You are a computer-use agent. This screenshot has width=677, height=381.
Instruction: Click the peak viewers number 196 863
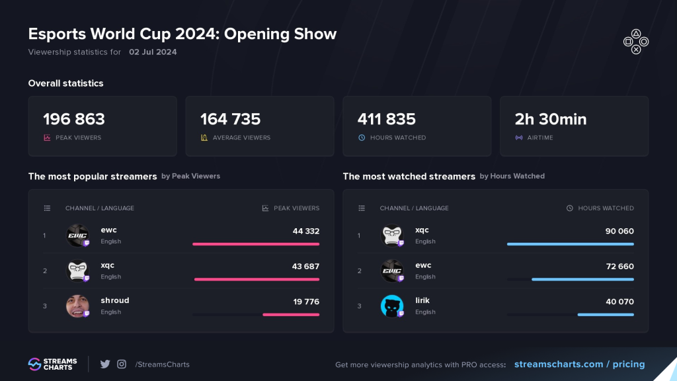(x=74, y=119)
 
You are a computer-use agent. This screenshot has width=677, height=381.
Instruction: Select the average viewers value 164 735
(x=231, y=119)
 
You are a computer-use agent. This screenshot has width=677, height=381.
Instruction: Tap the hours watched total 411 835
(x=387, y=119)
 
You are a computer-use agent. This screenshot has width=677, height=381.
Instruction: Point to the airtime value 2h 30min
(x=551, y=119)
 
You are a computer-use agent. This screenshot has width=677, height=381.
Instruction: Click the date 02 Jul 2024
(x=153, y=52)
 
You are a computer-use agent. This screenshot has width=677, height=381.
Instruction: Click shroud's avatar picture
(x=77, y=306)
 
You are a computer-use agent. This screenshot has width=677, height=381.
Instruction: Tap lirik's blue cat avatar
(x=392, y=306)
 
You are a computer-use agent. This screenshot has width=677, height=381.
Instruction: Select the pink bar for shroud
(x=291, y=315)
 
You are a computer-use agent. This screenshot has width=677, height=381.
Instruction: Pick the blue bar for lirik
(x=606, y=315)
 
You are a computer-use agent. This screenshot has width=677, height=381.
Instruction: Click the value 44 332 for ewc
(x=306, y=231)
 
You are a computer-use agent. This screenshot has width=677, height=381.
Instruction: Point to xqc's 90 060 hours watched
(x=619, y=231)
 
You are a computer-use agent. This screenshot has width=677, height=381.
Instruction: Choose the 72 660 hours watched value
(x=619, y=266)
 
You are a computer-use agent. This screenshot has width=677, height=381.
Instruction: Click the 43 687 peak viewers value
(x=306, y=266)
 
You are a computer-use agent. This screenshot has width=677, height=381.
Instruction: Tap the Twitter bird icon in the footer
(x=105, y=364)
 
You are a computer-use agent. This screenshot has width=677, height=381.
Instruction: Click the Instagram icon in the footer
(x=122, y=364)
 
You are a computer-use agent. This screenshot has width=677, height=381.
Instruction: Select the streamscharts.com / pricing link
(x=579, y=364)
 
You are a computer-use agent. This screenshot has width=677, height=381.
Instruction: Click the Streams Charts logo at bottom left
(x=52, y=364)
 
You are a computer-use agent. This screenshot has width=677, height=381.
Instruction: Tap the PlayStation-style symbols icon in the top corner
(x=636, y=41)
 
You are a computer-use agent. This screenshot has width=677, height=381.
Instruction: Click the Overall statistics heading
(x=65, y=83)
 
